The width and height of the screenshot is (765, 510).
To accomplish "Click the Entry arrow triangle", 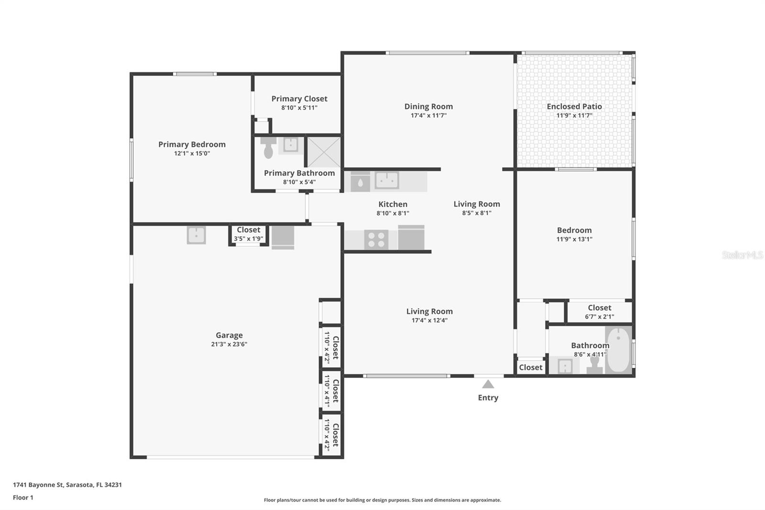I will pyautogui.click(x=488, y=384).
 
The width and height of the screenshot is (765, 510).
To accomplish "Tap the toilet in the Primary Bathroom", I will pyautogui.click(x=268, y=148).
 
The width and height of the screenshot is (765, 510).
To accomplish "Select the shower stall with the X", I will pyautogui.click(x=324, y=152).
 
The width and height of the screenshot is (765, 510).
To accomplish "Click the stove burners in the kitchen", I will pyautogui.click(x=376, y=240).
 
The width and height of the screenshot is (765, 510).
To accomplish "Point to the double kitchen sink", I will pyautogui.click(x=387, y=180).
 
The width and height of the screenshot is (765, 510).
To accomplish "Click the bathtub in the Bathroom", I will pyautogui.click(x=619, y=349).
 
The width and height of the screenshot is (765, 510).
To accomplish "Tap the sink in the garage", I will pyautogui.click(x=196, y=235).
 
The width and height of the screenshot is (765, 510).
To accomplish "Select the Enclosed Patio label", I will pyautogui.click(x=574, y=106).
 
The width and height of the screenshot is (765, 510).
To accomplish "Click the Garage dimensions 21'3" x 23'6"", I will pyautogui.click(x=229, y=344).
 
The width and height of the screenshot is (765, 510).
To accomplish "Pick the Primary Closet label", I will pyautogui.click(x=299, y=99).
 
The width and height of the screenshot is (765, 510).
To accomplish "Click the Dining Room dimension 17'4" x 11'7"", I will pyautogui.click(x=428, y=115).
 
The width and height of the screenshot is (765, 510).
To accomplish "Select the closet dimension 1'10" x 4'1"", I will pyautogui.click(x=327, y=388).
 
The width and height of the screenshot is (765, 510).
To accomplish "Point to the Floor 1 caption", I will pyautogui.click(x=23, y=498).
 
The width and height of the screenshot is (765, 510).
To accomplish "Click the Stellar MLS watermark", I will pyautogui.click(x=742, y=255).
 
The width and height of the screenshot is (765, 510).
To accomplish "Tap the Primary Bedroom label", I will pyautogui.click(x=192, y=144).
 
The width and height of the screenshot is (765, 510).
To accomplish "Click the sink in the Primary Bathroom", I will pyautogui.click(x=290, y=144).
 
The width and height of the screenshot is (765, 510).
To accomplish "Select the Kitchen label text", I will pyautogui.click(x=393, y=204).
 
